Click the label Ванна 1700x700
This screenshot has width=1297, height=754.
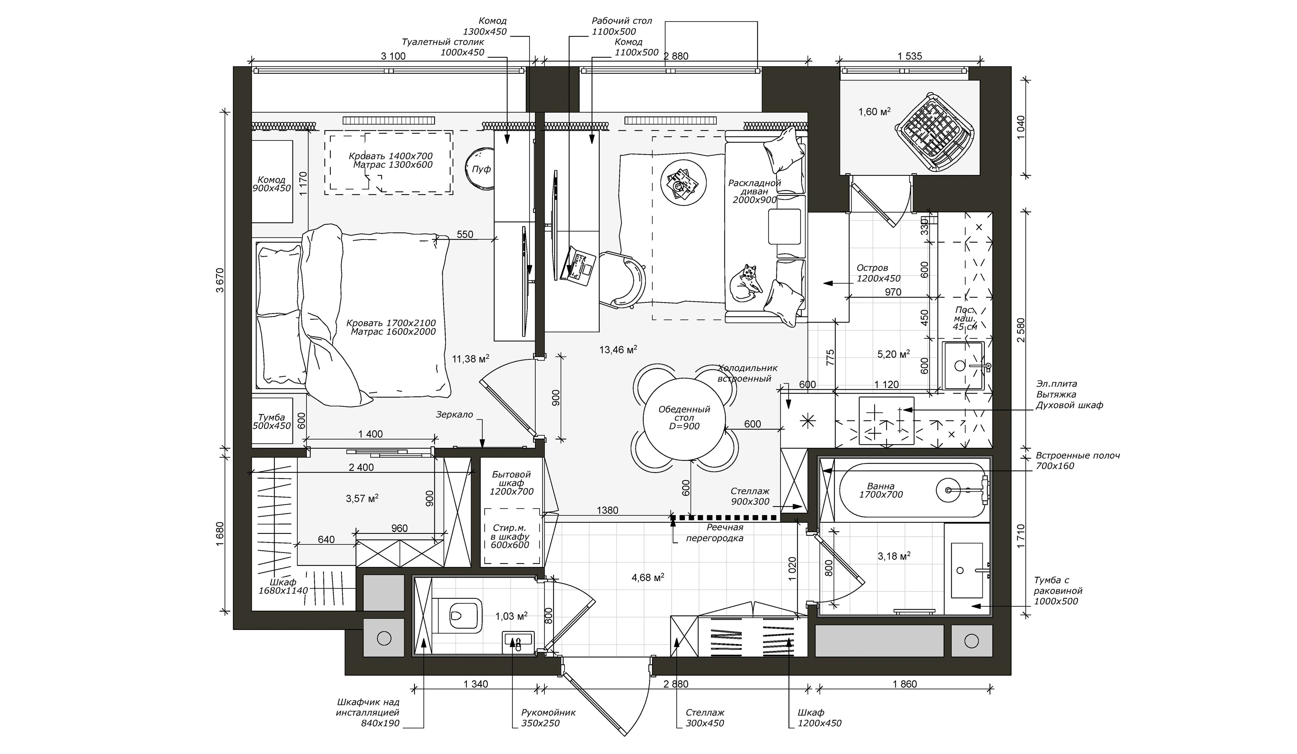tap(881, 490)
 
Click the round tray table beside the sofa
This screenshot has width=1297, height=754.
tap(683, 183)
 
